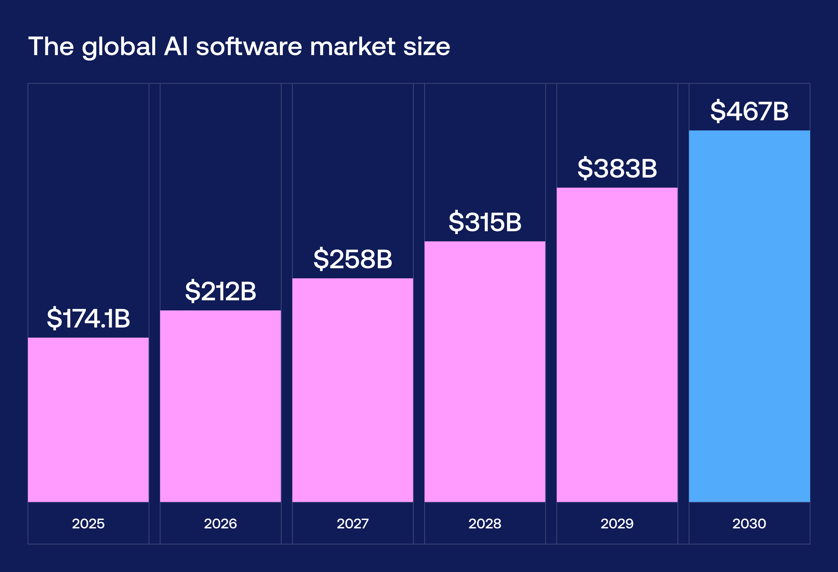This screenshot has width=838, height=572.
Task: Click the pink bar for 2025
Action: pos(88,420)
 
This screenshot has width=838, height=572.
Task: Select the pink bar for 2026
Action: pos(220,406)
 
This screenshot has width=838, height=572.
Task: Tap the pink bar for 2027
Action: pos(353,390)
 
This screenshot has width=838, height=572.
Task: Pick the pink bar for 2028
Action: pos(485,371)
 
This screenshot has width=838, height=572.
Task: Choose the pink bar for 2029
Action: pos(617,345)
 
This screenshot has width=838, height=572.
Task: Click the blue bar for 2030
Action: pos(749,316)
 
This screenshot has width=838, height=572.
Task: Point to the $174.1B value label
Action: pos(88,318)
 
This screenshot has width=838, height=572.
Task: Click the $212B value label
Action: pos(220,291)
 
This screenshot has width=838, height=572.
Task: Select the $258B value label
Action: pos(353,259)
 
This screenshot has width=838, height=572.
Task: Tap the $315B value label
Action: pos(485,222)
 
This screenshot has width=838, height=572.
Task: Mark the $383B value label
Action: pos(617,168)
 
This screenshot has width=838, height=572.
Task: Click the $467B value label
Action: pos(749,111)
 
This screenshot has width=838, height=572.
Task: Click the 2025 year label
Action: pos(88,524)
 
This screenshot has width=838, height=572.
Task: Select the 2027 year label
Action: pos(353,524)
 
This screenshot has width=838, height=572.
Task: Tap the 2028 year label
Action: pos(485,524)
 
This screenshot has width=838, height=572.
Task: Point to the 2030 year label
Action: pos(749,524)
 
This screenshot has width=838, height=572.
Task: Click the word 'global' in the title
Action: pos(119,47)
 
